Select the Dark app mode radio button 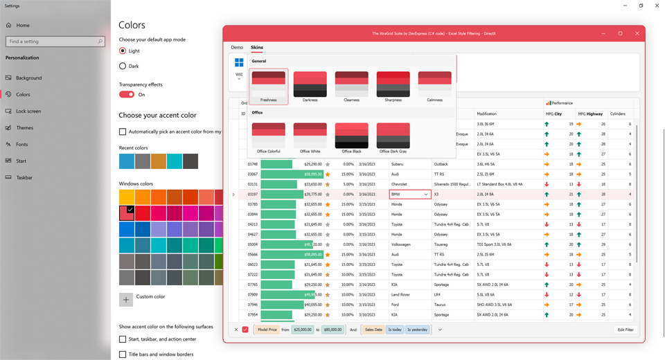tap(123, 66)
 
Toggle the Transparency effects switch tap(127, 95)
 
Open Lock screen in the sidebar tap(28, 111)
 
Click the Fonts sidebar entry tap(22, 144)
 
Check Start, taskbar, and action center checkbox tap(123, 339)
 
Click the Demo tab tap(237, 48)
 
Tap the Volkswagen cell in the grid tap(402, 244)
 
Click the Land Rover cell tap(401, 294)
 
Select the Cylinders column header tap(617, 114)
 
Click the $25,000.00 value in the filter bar tap(302, 330)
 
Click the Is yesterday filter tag tap(417, 330)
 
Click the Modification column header tap(487, 114)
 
